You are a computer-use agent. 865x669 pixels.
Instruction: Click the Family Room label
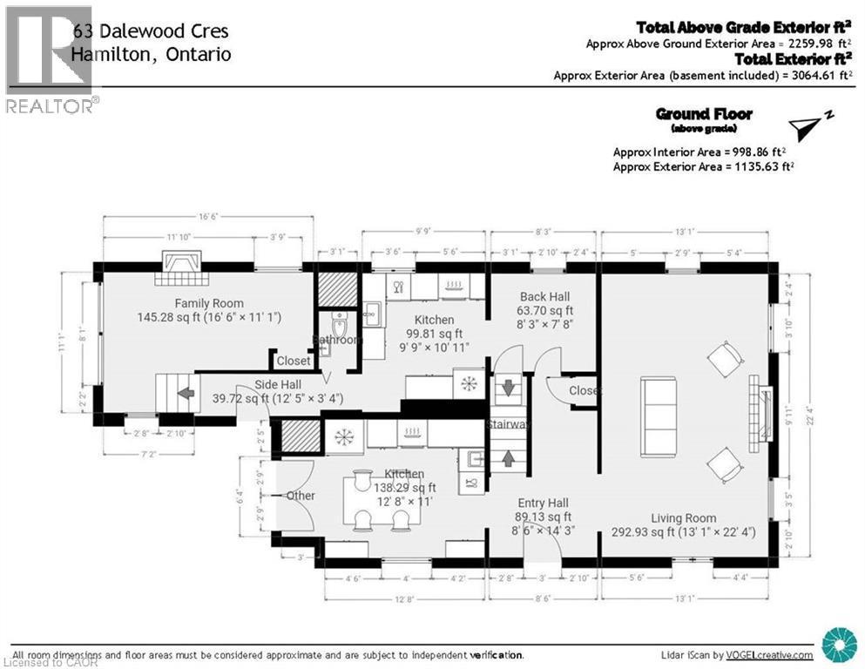184,303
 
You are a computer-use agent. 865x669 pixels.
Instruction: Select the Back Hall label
544,296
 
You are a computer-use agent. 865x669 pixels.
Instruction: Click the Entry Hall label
543,503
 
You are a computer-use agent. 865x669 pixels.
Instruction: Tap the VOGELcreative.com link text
770,655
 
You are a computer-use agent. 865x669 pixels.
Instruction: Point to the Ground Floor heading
703,114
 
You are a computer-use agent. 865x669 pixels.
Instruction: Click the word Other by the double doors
301,496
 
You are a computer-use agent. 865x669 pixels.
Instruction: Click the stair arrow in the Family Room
186,393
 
